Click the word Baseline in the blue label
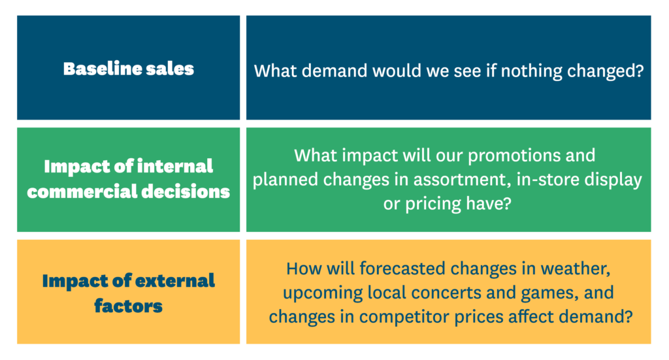click(x=102, y=69)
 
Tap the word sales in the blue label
click(x=170, y=69)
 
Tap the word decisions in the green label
click(x=186, y=192)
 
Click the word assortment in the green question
click(x=463, y=180)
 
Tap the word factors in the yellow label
click(x=129, y=306)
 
